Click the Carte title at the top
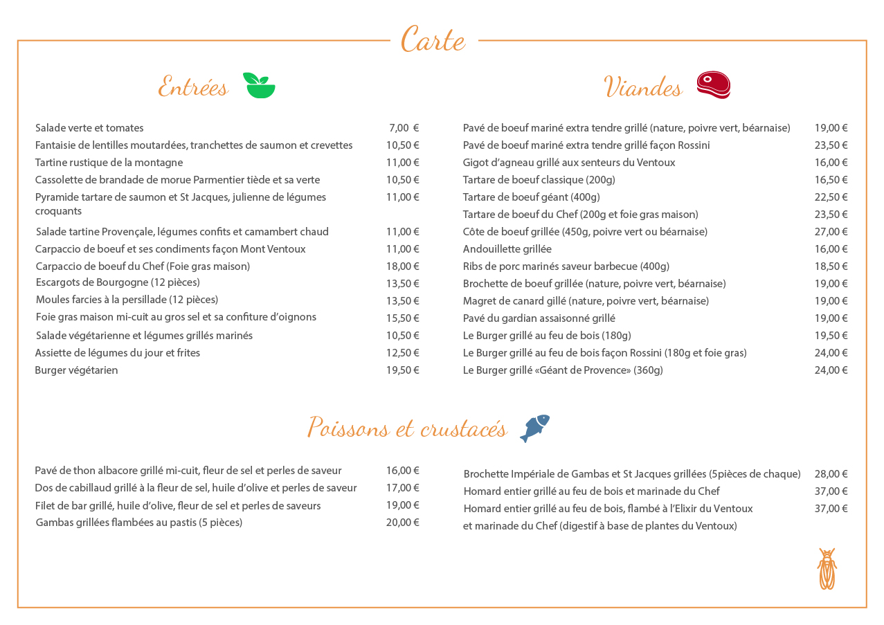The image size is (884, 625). [x=433, y=40]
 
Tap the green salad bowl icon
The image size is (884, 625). [x=259, y=85]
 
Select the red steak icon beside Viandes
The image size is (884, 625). [x=713, y=85]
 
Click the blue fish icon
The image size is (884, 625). [x=534, y=428]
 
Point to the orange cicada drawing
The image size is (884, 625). [x=827, y=569]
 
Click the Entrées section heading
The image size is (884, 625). [x=193, y=87]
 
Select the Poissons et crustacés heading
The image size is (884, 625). [x=407, y=428]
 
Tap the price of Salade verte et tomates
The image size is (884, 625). [x=404, y=128]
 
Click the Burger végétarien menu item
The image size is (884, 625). [x=76, y=370]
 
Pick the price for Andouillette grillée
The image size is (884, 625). [x=831, y=249]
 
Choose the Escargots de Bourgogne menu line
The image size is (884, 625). [x=118, y=282]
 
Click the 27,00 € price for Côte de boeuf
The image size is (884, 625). [x=831, y=232]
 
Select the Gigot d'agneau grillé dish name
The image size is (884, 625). [x=568, y=163]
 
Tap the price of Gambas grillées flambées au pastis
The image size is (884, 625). [x=402, y=523]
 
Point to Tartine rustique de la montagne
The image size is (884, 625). [x=109, y=163]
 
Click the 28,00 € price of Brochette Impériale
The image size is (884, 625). [x=831, y=474]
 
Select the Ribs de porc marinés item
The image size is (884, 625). [x=566, y=266]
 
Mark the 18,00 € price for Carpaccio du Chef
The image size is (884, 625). [x=402, y=266]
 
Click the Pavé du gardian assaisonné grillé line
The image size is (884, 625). [x=539, y=318]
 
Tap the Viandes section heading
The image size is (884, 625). [x=643, y=87]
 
